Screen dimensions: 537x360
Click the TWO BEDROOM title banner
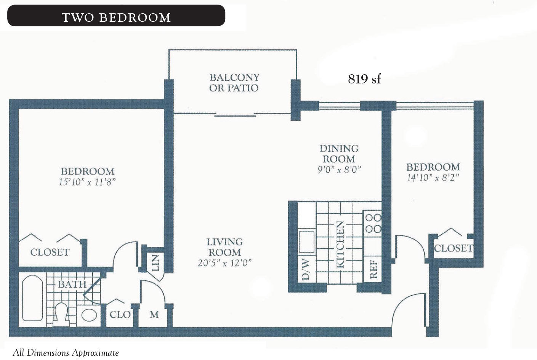116,16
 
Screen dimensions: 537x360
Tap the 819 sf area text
364,79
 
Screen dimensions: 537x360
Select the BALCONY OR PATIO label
234,83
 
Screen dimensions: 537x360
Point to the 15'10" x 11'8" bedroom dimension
87,182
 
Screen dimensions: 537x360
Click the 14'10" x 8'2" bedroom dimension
433,178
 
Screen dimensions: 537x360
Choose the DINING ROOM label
339,154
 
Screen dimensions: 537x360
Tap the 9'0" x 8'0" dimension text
339,170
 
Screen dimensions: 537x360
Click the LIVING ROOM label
224,247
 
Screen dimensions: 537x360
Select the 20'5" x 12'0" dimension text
224,263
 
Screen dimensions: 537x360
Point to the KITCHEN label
340,245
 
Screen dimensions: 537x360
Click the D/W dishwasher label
306,269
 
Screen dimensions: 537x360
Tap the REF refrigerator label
374,269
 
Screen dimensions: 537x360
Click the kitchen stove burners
373,223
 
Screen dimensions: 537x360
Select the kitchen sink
306,242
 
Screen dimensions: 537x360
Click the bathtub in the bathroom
32,298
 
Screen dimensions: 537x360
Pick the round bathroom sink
89,315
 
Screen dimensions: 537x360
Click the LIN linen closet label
155,263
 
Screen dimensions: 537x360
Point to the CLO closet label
120,315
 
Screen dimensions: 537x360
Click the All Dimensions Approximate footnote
66,353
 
